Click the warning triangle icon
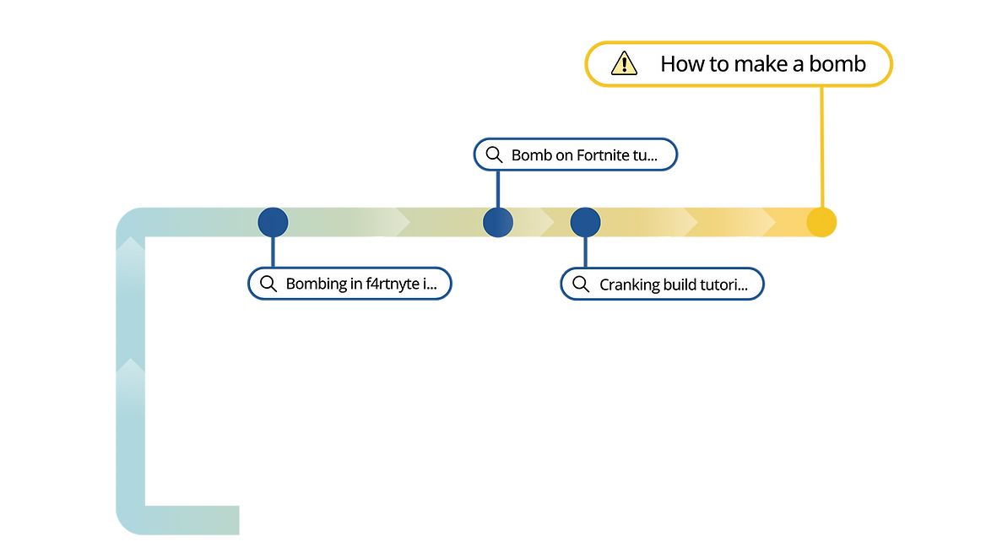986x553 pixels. click(624, 63)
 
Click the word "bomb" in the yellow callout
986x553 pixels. click(837, 63)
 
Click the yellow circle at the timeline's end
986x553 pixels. click(821, 222)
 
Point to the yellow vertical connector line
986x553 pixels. click(821, 147)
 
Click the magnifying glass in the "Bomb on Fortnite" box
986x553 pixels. click(494, 155)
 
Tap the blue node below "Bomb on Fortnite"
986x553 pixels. click(498, 222)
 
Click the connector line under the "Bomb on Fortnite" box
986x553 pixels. click(498, 189)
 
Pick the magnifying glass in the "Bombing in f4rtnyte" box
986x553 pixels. click(268, 284)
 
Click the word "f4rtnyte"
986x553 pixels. click(393, 284)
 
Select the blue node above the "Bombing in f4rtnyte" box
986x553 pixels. click(273, 222)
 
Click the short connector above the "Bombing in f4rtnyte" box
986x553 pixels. click(273, 252)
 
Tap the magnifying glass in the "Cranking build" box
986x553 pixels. click(581, 285)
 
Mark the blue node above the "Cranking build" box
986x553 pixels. click(586, 222)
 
